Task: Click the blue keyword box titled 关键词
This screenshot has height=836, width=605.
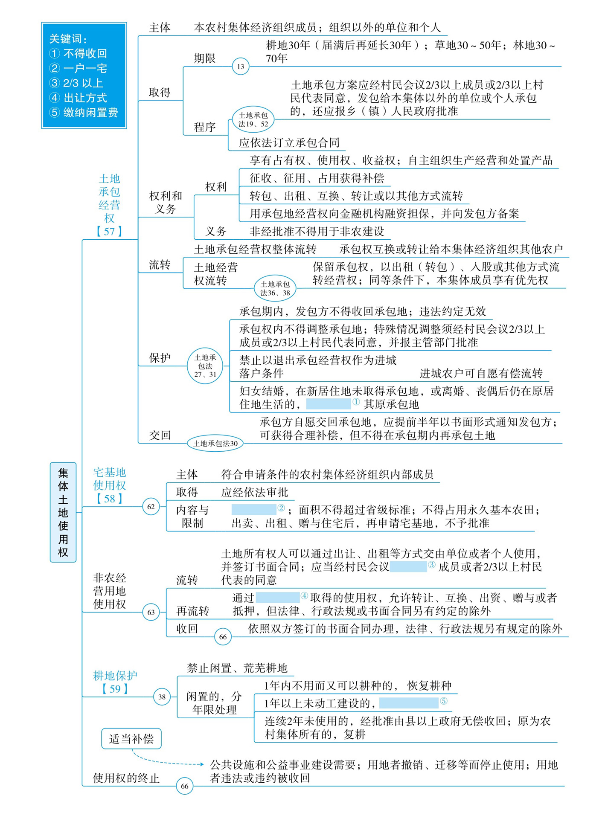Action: (x=84, y=75)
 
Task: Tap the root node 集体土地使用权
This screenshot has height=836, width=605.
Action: (x=63, y=512)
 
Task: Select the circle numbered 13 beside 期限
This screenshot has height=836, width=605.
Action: (x=241, y=66)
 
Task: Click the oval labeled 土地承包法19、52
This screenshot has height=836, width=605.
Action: (x=253, y=119)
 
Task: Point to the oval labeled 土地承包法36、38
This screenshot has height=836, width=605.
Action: (x=275, y=288)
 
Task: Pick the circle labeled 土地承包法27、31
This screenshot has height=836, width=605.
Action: (x=205, y=366)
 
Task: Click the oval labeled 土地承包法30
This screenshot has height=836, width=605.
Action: (x=215, y=444)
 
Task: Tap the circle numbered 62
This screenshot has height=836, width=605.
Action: (x=151, y=507)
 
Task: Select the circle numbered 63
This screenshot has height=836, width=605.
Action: (x=151, y=612)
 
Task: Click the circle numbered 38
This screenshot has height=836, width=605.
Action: (x=162, y=697)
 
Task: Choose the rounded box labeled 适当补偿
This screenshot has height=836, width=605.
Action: (x=131, y=739)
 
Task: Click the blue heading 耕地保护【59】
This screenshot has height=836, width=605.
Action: (x=115, y=682)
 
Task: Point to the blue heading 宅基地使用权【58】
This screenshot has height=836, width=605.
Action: (x=110, y=485)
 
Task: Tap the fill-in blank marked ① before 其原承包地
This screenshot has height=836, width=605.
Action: (x=329, y=404)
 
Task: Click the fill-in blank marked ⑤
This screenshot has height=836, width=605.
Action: (x=409, y=703)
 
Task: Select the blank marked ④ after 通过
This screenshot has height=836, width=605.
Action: (x=278, y=598)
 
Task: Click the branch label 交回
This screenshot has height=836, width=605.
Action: (x=160, y=435)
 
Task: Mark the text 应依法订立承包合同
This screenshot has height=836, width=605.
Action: (x=289, y=142)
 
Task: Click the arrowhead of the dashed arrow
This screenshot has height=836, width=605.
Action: (x=202, y=764)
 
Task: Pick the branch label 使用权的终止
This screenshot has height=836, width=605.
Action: (x=126, y=778)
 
